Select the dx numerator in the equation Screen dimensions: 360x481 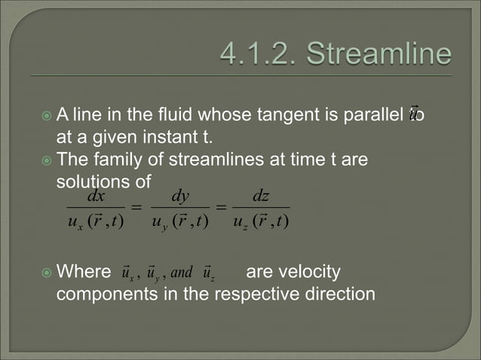[x=96, y=197]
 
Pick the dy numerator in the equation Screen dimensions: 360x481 [x=180, y=197]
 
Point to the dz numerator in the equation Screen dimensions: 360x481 [x=261, y=197]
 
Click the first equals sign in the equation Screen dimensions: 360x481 [x=137, y=208]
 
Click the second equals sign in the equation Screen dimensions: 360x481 [x=220, y=208]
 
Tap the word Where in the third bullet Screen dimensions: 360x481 [x=84, y=271]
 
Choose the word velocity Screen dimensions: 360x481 [x=311, y=271]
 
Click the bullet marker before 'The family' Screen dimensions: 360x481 [x=47, y=161]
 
